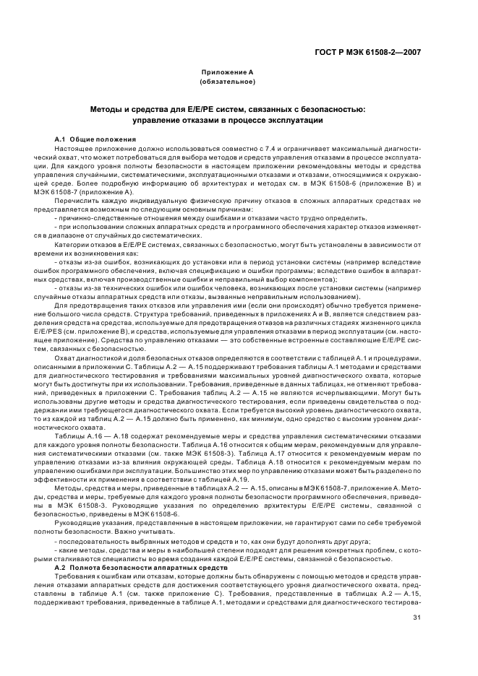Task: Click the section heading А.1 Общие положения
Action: [x=90, y=138]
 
